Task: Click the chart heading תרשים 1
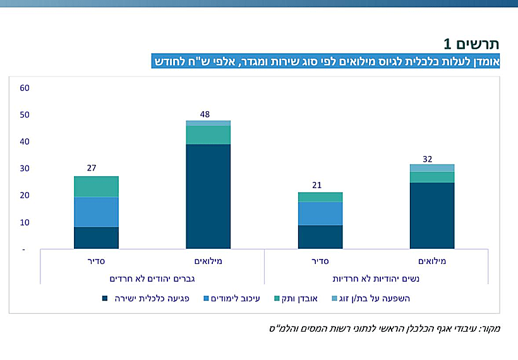click(x=471, y=44)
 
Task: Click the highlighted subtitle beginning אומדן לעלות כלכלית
click(x=326, y=61)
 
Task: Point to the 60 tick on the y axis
click(x=25, y=88)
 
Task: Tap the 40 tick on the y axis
click(x=25, y=141)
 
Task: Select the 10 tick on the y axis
click(x=25, y=222)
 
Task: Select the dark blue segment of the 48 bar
click(x=208, y=196)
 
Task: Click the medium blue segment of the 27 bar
click(x=95, y=212)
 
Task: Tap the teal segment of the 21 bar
click(x=320, y=197)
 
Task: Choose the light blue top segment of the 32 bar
click(x=432, y=168)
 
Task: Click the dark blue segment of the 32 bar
click(x=432, y=215)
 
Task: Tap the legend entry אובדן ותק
click(x=299, y=298)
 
